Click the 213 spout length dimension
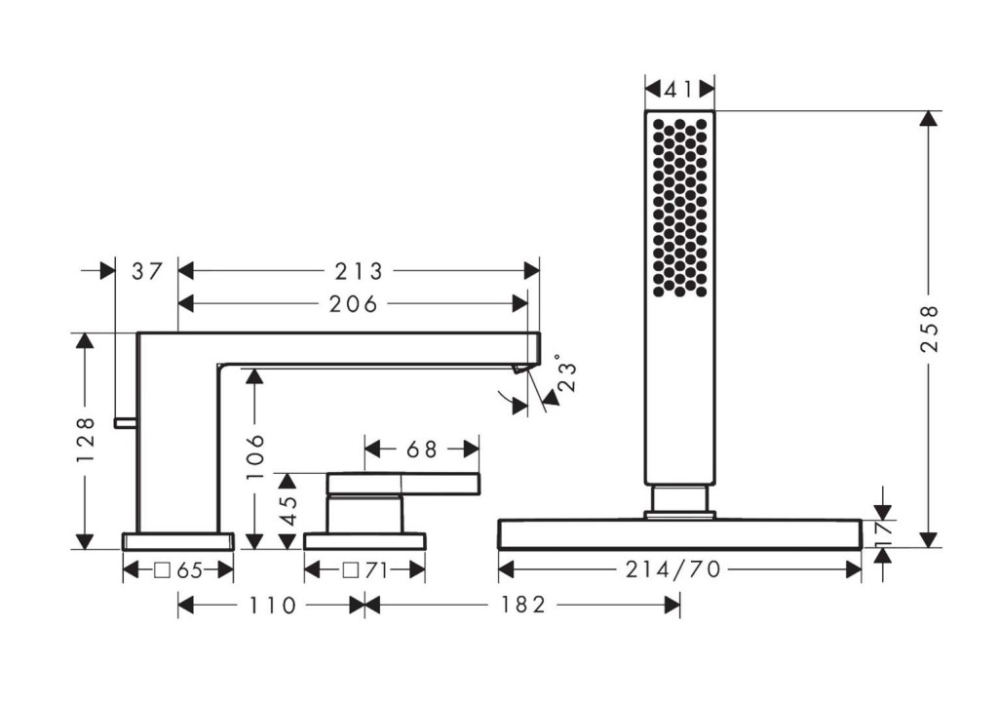click(x=359, y=271)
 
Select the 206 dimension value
click(x=353, y=304)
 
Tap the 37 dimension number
click(x=148, y=271)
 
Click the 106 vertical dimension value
click(x=255, y=456)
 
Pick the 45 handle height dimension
click(x=288, y=511)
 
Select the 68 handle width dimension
click(x=421, y=450)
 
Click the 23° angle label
click(x=566, y=373)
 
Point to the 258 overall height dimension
click(x=929, y=329)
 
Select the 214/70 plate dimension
click(x=673, y=569)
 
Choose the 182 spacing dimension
click(x=522, y=605)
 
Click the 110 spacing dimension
click(x=273, y=605)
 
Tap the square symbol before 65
click(x=163, y=570)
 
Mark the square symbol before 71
click(x=351, y=570)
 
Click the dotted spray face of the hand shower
click(x=679, y=208)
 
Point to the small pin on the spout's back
click(x=126, y=422)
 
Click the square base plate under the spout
click(x=178, y=541)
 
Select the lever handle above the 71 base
click(x=403, y=484)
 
